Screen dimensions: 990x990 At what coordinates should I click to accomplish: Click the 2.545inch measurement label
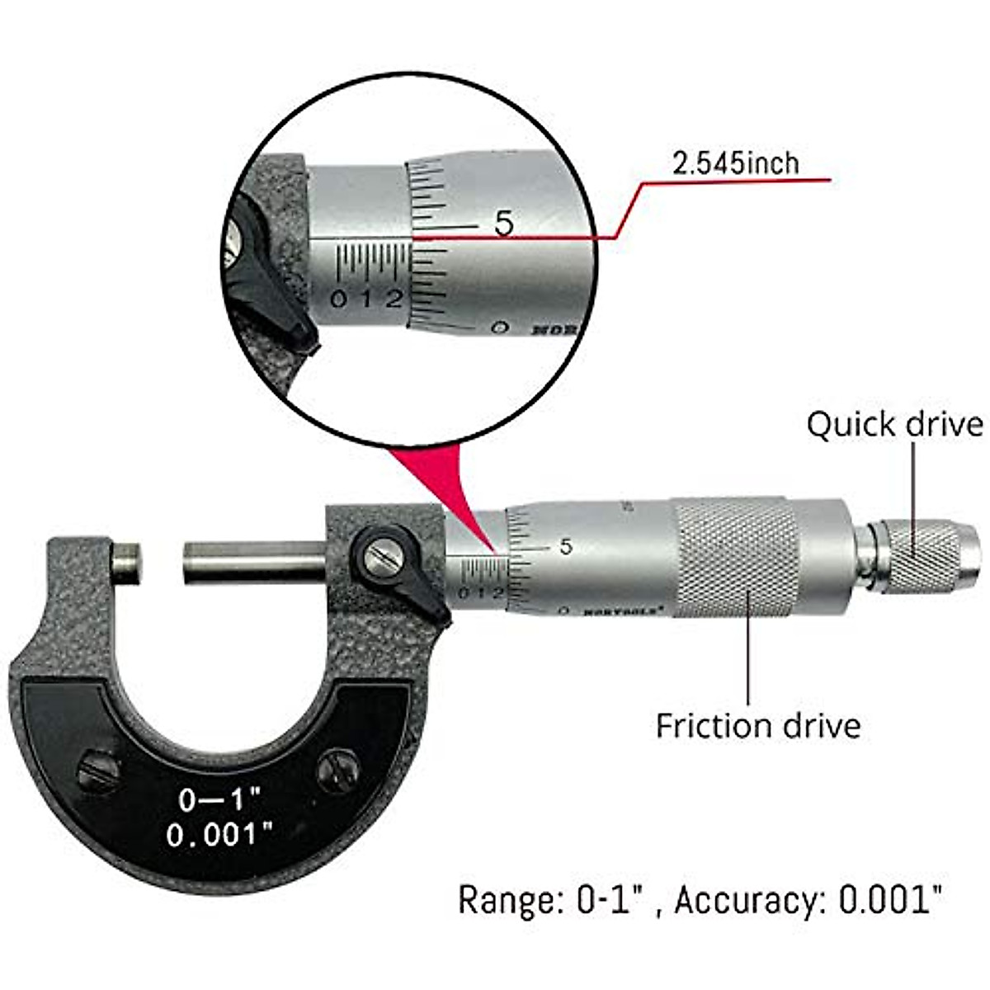[x=736, y=163]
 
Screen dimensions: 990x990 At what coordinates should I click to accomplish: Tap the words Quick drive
[x=894, y=425]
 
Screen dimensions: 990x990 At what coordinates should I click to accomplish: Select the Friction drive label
[x=757, y=726]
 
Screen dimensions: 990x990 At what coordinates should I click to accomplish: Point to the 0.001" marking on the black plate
[x=219, y=835]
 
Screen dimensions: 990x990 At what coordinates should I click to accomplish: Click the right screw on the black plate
[x=339, y=770]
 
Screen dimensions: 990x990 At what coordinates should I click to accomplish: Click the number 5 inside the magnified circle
[x=504, y=223]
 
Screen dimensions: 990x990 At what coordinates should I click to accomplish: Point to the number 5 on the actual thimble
[x=565, y=546]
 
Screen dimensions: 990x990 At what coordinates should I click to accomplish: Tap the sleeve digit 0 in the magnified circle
[x=338, y=299]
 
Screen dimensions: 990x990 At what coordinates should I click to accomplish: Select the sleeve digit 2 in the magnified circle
[x=394, y=298]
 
